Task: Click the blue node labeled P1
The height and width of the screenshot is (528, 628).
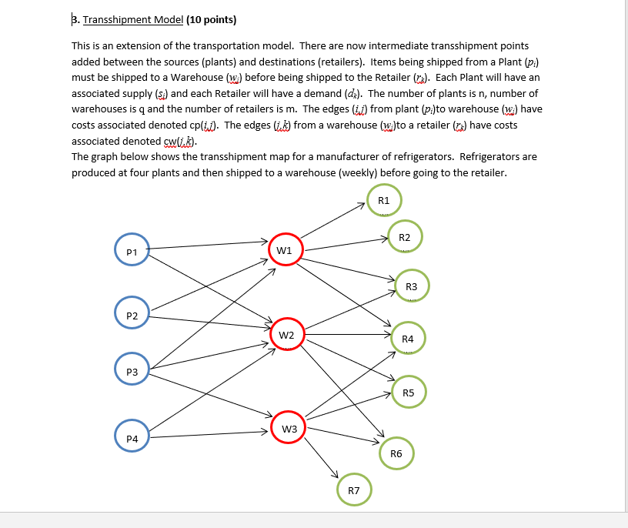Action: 132,251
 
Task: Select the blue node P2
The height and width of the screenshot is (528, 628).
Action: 132,316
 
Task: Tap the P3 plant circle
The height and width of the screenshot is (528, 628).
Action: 132,372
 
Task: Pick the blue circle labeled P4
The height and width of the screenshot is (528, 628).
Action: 132,437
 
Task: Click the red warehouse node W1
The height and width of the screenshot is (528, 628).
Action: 284,250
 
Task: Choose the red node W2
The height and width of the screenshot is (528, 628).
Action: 286,335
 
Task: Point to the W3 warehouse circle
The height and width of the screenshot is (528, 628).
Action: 289,428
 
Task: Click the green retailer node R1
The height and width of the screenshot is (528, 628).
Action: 384,201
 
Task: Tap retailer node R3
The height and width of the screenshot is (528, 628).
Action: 411,286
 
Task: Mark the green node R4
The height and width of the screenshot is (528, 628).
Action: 408,339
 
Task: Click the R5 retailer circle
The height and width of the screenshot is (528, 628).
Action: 408,393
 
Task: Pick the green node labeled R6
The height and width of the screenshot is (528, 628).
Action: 396,453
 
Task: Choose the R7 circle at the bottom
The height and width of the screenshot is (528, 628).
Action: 353,490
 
